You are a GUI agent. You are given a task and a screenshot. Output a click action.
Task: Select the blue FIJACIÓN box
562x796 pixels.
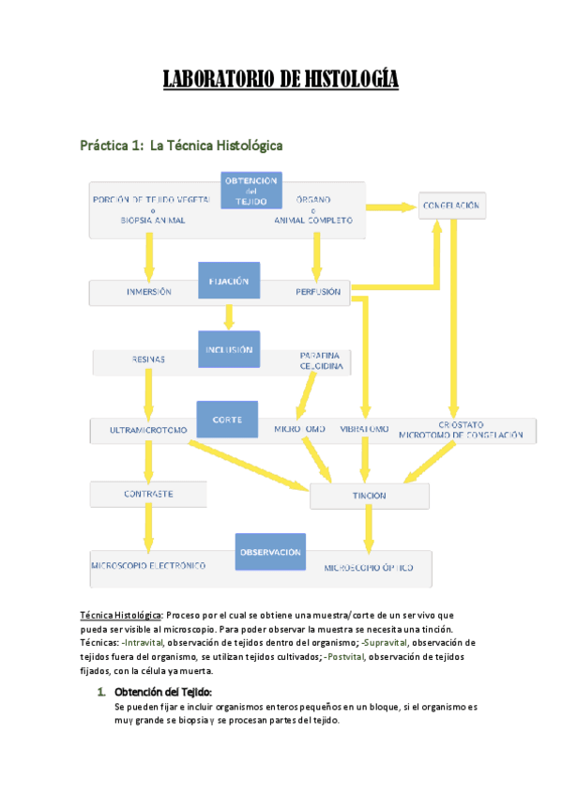[x=228, y=281]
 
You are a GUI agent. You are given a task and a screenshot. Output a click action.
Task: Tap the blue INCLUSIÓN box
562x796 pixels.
[x=228, y=349]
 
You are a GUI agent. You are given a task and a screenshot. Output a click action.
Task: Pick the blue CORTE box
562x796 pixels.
[x=226, y=420]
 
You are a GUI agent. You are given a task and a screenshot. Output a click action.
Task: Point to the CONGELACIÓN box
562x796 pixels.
[x=452, y=205]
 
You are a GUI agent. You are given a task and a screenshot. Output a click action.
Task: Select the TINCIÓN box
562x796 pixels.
[x=370, y=495]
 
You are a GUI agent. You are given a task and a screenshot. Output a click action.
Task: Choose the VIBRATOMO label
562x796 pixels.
[x=364, y=430]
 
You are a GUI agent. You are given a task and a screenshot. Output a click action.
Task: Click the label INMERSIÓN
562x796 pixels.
[x=149, y=292]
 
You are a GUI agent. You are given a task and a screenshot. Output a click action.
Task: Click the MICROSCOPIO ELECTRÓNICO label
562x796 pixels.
[x=149, y=566]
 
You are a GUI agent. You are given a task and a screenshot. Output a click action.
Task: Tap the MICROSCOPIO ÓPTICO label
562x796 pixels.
[x=368, y=569]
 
